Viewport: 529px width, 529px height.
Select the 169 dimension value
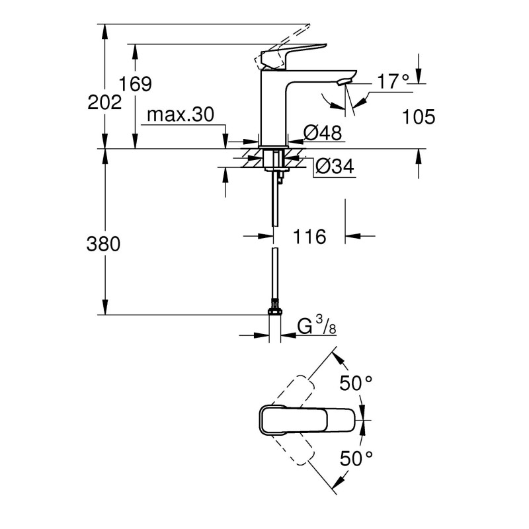136,84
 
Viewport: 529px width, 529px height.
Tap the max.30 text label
181,115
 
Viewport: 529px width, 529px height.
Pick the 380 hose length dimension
103,244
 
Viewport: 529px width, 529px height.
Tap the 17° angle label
393,83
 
